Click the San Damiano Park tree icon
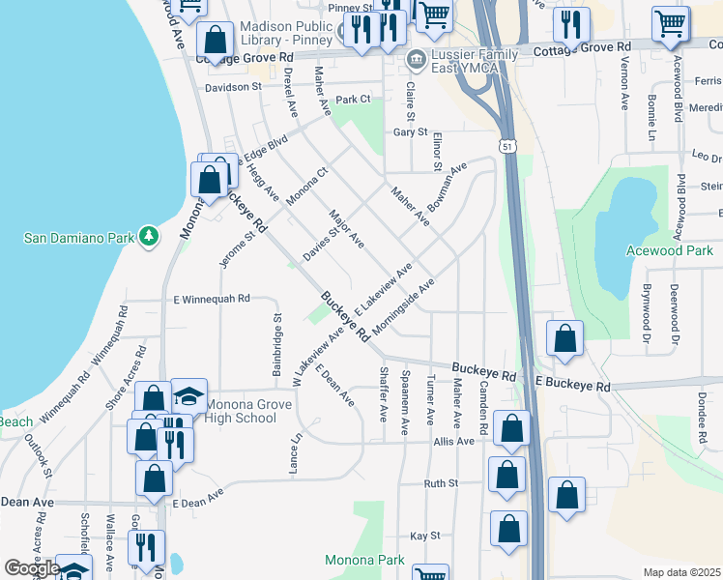pyautogui.click(x=148, y=236)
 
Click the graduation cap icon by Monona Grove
pyautogui.click(x=189, y=396)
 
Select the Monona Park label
pyautogui.click(x=390, y=560)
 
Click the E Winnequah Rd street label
pyautogui.click(x=212, y=299)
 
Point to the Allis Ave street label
pyautogui.click(x=453, y=441)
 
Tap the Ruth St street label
pyautogui.click(x=440, y=482)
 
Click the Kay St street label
pyautogui.click(x=424, y=535)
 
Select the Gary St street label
pyautogui.click(x=410, y=132)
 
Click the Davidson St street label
pyautogui.click(x=233, y=87)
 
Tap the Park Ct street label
pyautogui.click(x=353, y=99)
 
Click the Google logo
pyautogui.click(x=32, y=568)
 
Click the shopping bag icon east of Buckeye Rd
pyautogui.click(x=565, y=339)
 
